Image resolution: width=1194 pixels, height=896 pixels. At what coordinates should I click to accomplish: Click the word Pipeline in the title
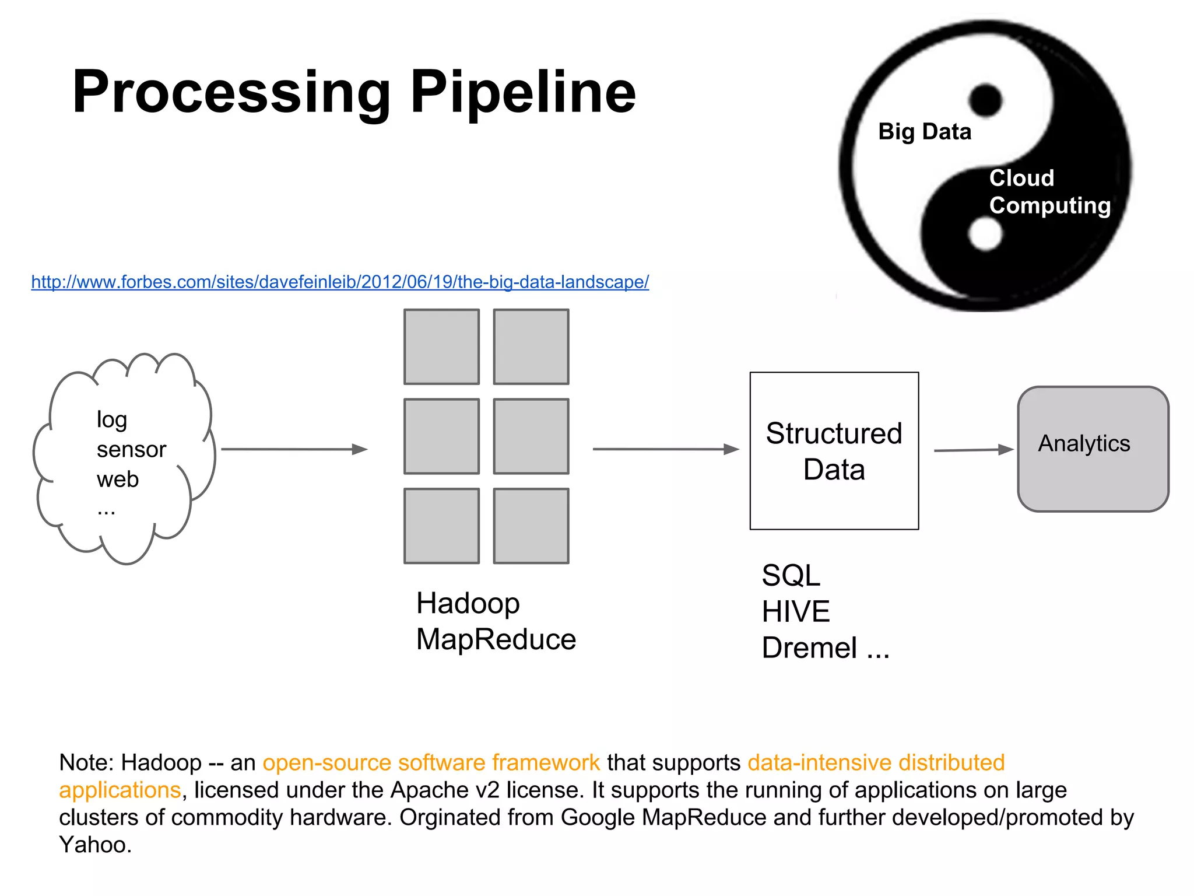(522, 92)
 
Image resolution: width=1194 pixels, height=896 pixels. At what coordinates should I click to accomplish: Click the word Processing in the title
(231, 92)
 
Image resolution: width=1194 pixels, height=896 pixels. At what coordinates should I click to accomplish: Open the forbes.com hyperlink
(340, 282)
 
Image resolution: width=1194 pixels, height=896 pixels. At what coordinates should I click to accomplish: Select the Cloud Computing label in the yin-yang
(1049, 192)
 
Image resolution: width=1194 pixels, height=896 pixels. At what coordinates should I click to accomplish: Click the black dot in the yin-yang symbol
(985, 100)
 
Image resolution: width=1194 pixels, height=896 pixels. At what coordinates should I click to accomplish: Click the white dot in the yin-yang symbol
(985, 235)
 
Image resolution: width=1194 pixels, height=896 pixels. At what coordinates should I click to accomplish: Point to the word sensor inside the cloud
(131, 450)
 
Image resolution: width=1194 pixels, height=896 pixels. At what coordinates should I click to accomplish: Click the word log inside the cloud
(111, 420)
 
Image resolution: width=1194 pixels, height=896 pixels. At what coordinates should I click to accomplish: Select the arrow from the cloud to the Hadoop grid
(294, 449)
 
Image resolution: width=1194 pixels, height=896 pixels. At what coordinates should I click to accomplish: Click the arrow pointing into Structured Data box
(665, 449)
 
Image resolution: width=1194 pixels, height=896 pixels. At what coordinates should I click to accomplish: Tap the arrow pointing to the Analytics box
(973, 450)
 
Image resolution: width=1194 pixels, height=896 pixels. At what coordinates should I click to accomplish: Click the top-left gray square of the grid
(441, 347)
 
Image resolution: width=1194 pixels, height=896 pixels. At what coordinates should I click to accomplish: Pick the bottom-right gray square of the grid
(531, 526)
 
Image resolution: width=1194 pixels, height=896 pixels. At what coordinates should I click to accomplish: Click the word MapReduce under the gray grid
(496, 639)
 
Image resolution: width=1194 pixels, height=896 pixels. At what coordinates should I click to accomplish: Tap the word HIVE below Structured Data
(795, 612)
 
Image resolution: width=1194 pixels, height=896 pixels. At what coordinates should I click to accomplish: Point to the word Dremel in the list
(809, 648)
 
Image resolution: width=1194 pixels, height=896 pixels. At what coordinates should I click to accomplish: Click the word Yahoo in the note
(93, 845)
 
